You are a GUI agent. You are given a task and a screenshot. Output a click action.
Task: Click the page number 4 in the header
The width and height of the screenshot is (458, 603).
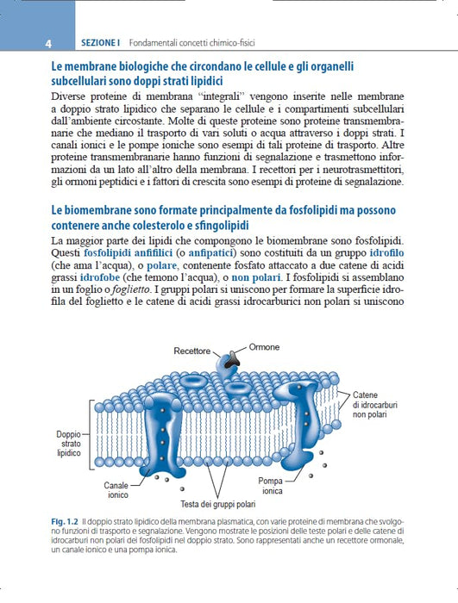click(x=48, y=43)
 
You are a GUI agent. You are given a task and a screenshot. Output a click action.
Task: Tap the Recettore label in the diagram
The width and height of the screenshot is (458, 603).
click(x=191, y=351)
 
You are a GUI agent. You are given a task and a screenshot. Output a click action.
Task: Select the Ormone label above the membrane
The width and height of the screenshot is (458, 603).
click(x=264, y=347)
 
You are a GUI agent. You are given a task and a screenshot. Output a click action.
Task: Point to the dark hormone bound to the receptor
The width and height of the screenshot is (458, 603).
click(x=232, y=359)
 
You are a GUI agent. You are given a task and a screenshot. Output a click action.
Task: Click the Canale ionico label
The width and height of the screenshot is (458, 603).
click(x=117, y=490)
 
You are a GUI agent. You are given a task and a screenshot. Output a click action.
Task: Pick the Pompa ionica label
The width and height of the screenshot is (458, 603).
click(x=271, y=486)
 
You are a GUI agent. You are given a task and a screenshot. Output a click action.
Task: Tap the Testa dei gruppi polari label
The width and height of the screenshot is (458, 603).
click(x=218, y=504)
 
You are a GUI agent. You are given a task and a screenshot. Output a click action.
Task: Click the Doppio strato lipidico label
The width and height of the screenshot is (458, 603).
click(x=68, y=444)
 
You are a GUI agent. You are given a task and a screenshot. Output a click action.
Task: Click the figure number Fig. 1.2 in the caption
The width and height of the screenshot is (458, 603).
click(x=65, y=522)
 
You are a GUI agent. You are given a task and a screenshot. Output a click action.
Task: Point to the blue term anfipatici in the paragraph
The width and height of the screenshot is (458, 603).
click(x=210, y=253)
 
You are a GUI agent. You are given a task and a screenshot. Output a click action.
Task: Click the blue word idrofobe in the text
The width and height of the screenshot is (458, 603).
click(x=100, y=277)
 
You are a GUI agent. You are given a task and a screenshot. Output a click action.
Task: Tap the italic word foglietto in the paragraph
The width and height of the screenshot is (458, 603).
click(x=130, y=289)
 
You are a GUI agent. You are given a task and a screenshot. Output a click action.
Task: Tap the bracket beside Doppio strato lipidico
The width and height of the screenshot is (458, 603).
click(x=91, y=434)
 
